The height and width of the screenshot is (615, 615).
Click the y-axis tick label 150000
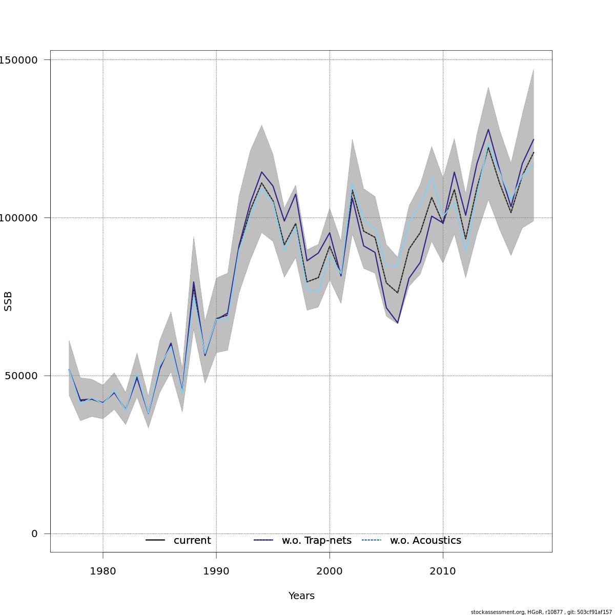(19, 60)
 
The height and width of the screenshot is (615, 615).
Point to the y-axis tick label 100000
(19, 218)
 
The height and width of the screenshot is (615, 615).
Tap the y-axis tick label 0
(34, 534)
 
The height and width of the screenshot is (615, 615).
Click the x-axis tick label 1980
(103, 571)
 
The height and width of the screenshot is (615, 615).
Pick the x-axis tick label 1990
(216, 571)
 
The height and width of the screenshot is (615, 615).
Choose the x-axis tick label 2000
(330, 571)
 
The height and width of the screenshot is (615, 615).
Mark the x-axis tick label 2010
(443, 571)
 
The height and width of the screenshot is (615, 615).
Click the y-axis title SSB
(8, 301)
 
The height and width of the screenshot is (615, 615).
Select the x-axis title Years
(301, 596)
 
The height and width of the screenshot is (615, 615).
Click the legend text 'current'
(192, 541)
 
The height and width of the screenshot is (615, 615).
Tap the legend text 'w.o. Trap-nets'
(317, 541)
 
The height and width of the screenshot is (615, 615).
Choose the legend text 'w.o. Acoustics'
(425, 541)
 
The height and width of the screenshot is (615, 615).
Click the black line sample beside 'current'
(155, 541)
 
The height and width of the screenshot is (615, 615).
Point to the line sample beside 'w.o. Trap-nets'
(263, 541)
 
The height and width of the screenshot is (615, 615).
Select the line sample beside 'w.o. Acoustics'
(372, 541)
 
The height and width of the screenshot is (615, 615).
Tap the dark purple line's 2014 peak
(488, 129)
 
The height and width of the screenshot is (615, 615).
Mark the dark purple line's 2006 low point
(398, 323)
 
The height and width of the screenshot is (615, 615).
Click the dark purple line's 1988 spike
(194, 281)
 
